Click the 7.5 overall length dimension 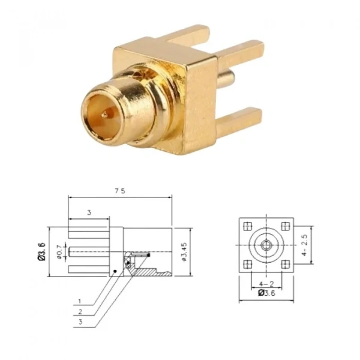[x=120, y=191]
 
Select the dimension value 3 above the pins [x=89, y=212]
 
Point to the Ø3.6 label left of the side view [x=42, y=251]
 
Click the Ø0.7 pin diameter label [x=59, y=251]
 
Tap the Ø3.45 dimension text [x=184, y=251]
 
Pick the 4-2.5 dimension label [x=304, y=245]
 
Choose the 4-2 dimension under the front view [x=266, y=284]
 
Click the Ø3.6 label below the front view [x=266, y=293]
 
